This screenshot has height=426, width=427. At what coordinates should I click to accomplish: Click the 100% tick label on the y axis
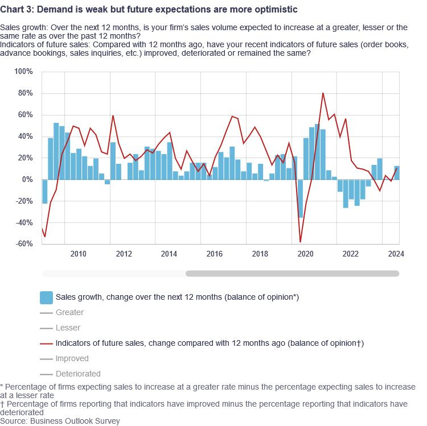pyautogui.click(x=24, y=72)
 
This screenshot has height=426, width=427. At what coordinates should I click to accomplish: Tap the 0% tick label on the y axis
pyautogui.click(x=28, y=180)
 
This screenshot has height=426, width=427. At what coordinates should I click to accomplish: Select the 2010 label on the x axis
pyautogui.click(x=78, y=254)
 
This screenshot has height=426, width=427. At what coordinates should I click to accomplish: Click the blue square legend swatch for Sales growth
pyautogui.click(x=46, y=297)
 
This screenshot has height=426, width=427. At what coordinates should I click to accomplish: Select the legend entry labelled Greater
pyautogui.click(x=69, y=312)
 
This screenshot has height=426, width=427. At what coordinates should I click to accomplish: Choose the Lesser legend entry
pyautogui.click(x=68, y=328)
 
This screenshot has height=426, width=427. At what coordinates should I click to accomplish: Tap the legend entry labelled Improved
pyautogui.click(x=71, y=358)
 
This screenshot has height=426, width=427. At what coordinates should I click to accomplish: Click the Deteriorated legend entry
pyautogui.click(x=78, y=374)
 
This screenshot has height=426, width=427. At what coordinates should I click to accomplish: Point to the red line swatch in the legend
pyautogui.click(x=46, y=343)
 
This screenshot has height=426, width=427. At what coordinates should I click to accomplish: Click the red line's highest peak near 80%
pyautogui.click(x=323, y=93)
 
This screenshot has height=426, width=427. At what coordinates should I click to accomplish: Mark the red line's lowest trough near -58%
pyautogui.click(x=300, y=242)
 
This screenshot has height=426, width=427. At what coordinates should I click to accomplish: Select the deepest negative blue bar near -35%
pyautogui.click(x=300, y=198)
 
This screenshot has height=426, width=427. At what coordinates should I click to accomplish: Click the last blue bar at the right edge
pyautogui.click(x=397, y=173)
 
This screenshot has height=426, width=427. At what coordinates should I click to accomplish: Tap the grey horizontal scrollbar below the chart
pyautogui.click(x=292, y=274)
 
